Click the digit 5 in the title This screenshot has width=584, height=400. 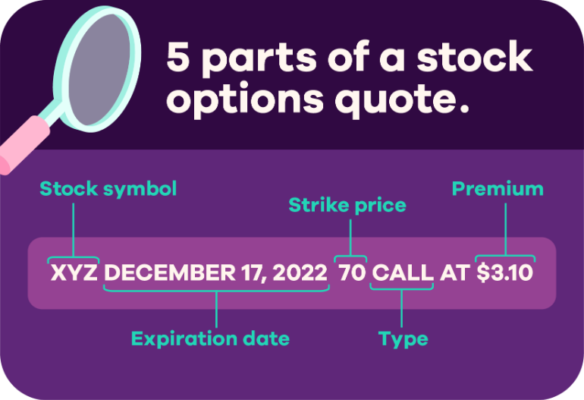(178, 56)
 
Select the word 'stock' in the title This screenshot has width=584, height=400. (475, 56)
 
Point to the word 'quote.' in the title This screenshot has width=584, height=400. (402, 99)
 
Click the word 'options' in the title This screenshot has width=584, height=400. (245, 99)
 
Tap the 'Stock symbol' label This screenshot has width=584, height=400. (108, 189)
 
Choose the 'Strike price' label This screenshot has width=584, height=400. (347, 206)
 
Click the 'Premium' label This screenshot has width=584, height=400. (498, 189)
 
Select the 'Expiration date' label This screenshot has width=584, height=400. (210, 339)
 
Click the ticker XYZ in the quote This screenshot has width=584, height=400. (74, 272)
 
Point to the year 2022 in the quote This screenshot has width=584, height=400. (300, 272)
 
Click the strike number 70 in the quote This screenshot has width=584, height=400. (352, 272)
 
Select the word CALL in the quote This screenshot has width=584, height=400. (403, 272)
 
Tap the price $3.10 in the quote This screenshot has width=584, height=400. (505, 272)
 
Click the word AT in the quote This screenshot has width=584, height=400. (455, 272)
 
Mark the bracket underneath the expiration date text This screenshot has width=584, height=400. (216, 289)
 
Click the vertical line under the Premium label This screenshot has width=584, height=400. (505, 229)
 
